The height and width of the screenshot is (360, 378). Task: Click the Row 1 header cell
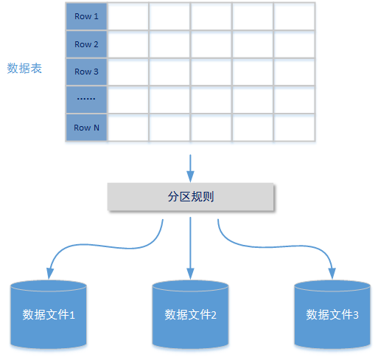(86, 16)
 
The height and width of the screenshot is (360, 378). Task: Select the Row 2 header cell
(86, 44)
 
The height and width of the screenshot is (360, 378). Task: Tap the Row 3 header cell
(86, 72)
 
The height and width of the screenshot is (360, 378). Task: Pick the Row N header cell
(86, 127)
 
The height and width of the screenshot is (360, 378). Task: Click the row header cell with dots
(86, 100)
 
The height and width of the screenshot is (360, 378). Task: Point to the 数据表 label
(24, 69)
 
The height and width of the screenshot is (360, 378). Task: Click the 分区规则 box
(191, 197)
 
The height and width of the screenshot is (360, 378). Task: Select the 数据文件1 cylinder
(49, 314)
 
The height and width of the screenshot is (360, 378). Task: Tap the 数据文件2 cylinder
(191, 314)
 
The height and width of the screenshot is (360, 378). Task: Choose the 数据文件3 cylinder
(332, 314)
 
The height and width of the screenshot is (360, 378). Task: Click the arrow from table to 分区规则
(191, 167)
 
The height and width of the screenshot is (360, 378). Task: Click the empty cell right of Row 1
(128, 16)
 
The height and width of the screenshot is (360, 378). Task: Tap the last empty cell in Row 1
(295, 16)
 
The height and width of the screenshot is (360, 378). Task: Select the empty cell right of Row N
(128, 127)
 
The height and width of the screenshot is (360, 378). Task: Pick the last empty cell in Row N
(295, 127)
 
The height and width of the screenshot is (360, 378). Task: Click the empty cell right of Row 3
(128, 72)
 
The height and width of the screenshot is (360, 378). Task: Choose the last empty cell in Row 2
(295, 44)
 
